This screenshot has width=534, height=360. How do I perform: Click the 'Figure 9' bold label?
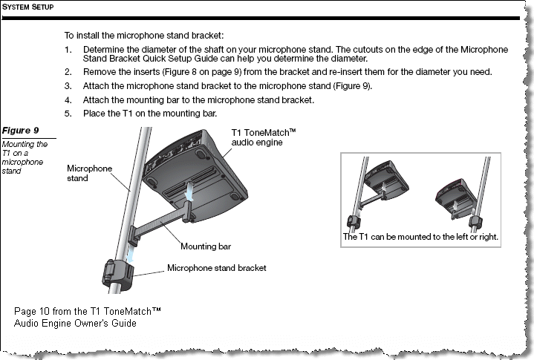coord(20,131)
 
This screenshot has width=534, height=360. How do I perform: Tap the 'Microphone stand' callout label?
coord(89,173)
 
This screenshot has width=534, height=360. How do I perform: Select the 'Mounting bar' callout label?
coord(205,246)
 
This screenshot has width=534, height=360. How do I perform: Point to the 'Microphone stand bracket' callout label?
coord(216,268)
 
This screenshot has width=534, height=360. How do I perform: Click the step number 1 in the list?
coord(67,49)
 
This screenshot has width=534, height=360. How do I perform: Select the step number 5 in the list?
coord(67,114)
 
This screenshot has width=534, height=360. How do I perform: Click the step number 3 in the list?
coord(67,86)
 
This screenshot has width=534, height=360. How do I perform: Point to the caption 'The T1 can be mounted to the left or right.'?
coord(420,238)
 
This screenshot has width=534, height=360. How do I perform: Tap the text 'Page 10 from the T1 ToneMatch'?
coord(88,310)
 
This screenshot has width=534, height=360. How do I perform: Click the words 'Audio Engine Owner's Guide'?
coord(75,323)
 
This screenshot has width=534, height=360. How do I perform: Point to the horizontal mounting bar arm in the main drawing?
coord(160,222)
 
